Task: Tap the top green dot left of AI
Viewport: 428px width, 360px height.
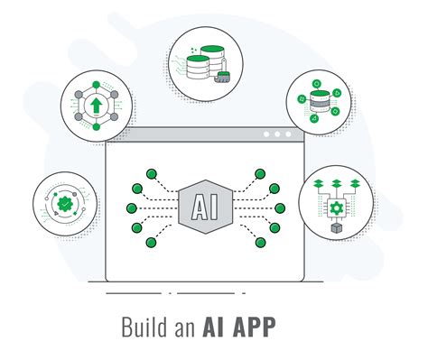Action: [x=153, y=171]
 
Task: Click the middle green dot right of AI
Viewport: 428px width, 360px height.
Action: [x=280, y=208]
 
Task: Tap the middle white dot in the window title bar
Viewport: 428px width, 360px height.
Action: [x=278, y=134]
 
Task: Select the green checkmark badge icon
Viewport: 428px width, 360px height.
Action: [x=64, y=206]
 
